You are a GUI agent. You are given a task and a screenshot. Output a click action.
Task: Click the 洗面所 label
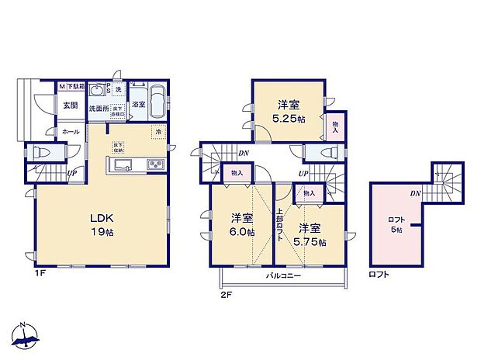[99, 109]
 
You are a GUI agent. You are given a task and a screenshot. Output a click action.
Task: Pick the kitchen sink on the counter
[123, 165]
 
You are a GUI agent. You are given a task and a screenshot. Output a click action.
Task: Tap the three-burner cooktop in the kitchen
[152, 165]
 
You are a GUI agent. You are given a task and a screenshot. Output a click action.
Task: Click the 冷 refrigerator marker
[158, 132]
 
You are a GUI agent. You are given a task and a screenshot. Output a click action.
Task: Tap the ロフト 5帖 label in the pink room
[396, 225]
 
